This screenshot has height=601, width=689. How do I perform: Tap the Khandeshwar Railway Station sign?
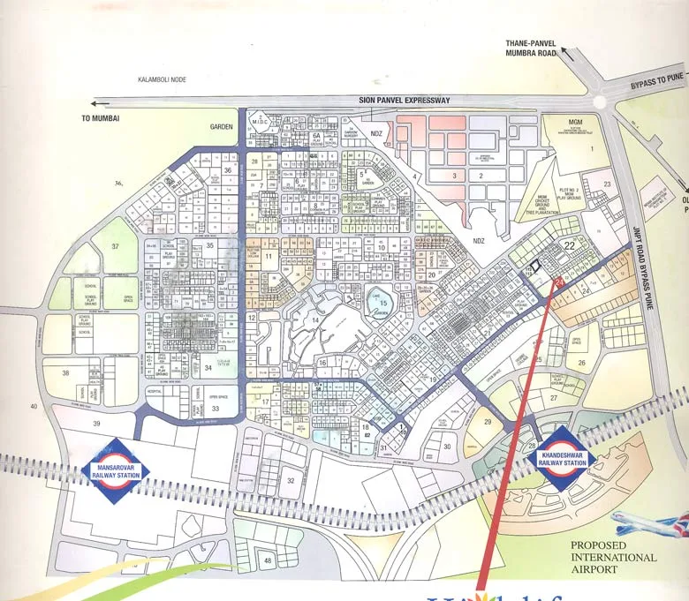563,457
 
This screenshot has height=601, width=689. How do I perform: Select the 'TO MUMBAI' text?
100,117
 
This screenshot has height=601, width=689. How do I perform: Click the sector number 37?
117,245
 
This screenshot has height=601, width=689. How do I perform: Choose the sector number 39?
96,424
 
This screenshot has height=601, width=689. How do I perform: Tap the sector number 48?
267,560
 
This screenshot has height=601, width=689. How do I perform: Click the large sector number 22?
571,245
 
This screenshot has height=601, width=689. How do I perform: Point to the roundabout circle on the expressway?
600,101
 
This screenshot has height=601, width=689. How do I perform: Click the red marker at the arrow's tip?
557,282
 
